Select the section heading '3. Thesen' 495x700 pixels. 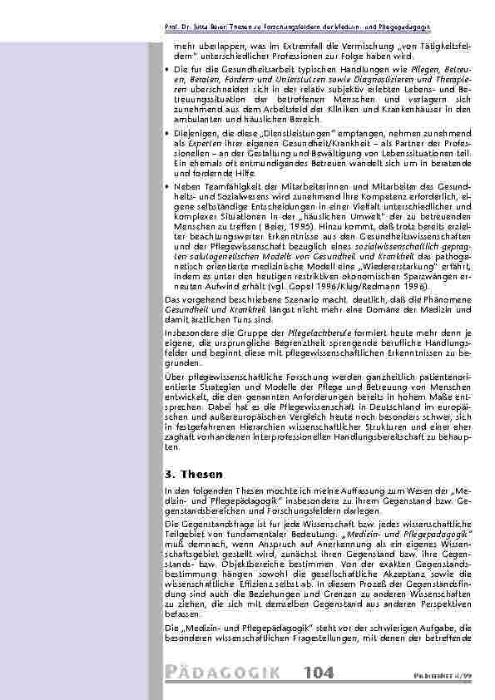tap(189, 474)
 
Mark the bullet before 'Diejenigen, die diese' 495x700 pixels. tap(170, 134)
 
